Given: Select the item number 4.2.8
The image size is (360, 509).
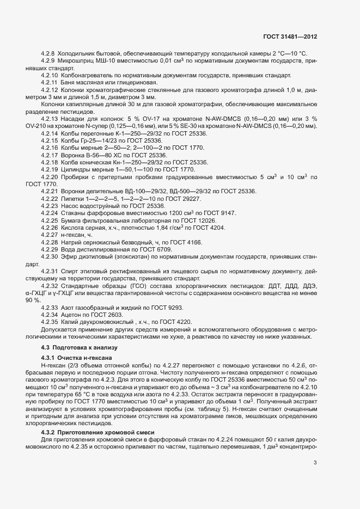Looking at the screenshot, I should tap(48, 53).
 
